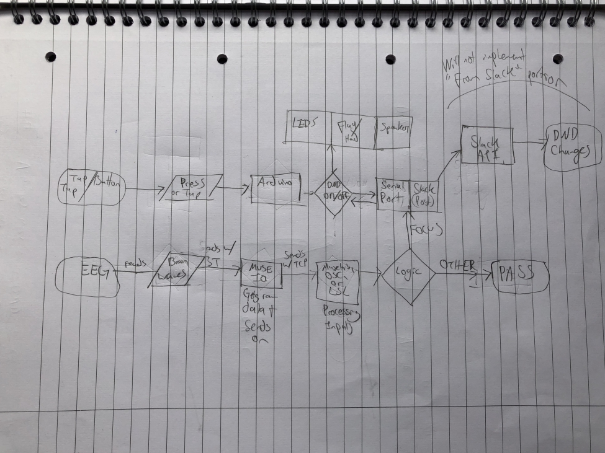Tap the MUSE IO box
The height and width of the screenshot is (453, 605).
261,273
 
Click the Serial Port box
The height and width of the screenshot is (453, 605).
393,194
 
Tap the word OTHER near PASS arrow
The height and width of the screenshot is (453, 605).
457,265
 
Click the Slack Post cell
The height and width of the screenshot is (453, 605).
424,194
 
